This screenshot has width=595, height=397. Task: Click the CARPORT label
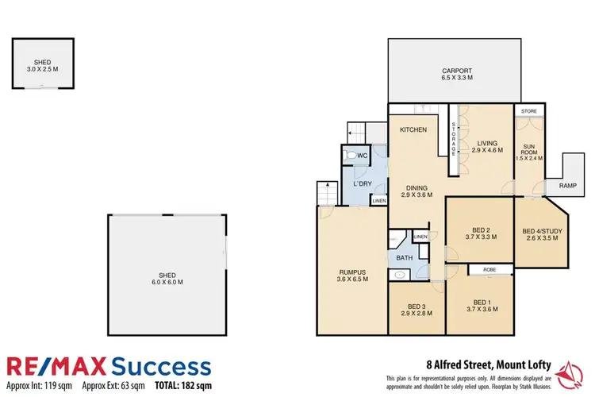[x=457, y=71]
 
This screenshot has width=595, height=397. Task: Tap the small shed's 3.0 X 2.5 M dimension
[x=41, y=69]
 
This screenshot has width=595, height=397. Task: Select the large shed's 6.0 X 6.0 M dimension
[x=167, y=282]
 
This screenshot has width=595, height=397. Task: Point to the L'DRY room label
[x=363, y=185]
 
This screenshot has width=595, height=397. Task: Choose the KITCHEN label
[x=413, y=129]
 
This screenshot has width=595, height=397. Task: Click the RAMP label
[x=567, y=185]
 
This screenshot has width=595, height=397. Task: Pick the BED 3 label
[x=416, y=306]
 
